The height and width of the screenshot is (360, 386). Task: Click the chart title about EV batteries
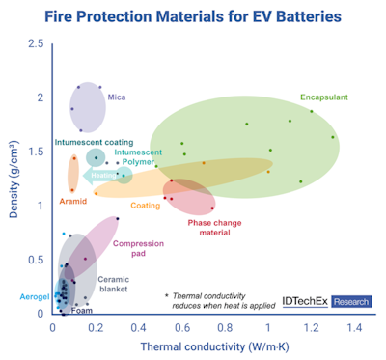pos(193,16)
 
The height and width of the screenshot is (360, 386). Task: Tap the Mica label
pos(118,97)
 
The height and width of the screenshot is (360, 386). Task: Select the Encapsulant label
pos(324,97)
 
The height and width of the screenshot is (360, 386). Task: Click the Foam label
pos(82,311)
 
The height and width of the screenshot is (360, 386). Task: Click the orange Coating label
pos(145,205)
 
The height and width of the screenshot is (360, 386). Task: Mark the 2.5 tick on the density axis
pos(35,44)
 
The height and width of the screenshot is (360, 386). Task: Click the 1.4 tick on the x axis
pos(354,329)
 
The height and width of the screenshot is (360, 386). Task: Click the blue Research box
pos(352,301)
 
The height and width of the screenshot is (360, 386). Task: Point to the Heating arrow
pos(100,176)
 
